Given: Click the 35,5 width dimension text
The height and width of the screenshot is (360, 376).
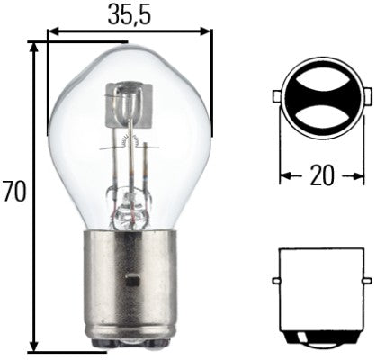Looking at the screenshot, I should (129, 14).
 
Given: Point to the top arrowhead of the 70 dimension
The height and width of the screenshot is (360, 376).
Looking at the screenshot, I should (35, 46).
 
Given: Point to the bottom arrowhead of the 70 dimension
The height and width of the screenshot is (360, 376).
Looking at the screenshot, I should (35, 346).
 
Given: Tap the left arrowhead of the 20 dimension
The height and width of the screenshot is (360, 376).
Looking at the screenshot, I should (283, 175).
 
